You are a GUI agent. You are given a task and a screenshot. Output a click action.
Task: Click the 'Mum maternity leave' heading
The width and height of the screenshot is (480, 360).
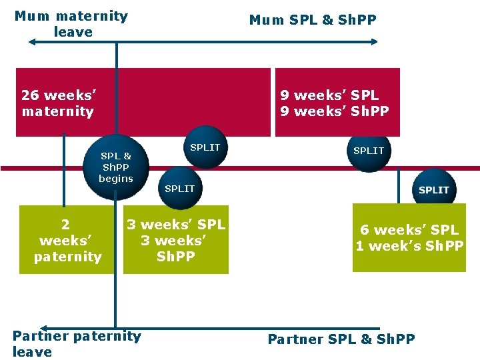pyautogui.click(x=71, y=23)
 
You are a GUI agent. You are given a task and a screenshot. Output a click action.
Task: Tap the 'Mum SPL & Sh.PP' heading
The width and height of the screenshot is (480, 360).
pyautogui.click(x=313, y=20)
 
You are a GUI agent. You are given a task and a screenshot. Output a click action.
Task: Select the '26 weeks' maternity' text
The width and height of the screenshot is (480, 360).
pyautogui.click(x=58, y=103)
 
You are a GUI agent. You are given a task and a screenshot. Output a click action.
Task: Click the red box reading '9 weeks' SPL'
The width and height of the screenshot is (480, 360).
pyautogui.click(x=337, y=102)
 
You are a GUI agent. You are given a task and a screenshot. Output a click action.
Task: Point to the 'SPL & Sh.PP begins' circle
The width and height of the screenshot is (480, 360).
pyautogui.click(x=116, y=167)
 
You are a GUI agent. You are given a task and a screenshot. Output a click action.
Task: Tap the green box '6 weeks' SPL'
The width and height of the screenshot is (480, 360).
pyautogui.click(x=409, y=237)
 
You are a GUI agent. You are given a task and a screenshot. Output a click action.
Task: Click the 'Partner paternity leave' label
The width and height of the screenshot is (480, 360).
pyautogui.click(x=77, y=343)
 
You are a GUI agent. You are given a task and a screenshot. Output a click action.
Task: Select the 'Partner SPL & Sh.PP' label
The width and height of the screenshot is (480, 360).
pyautogui.click(x=341, y=339)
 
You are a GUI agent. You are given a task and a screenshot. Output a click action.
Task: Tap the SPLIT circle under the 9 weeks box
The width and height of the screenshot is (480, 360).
pyautogui.click(x=369, y=152)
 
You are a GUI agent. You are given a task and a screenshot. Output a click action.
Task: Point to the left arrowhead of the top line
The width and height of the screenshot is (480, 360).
pyautogui.click(x=31, y=42)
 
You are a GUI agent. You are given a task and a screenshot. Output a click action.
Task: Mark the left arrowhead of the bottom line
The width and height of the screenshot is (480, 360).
pyautogui.click(x=115, y=329)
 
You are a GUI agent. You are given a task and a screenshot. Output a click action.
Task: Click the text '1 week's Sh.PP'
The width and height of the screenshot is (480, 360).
pyautogui.click(x=409, y=246)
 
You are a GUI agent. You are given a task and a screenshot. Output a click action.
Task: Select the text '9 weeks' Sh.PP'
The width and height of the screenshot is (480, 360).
pyautogui.click(x=334, y=111)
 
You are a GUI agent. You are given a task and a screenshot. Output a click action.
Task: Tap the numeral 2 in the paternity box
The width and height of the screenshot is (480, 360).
pyautogui.click(x=65, y=225)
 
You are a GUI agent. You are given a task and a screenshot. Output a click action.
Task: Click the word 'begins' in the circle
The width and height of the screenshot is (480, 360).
pyautogui.click(x=116, y=179)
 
